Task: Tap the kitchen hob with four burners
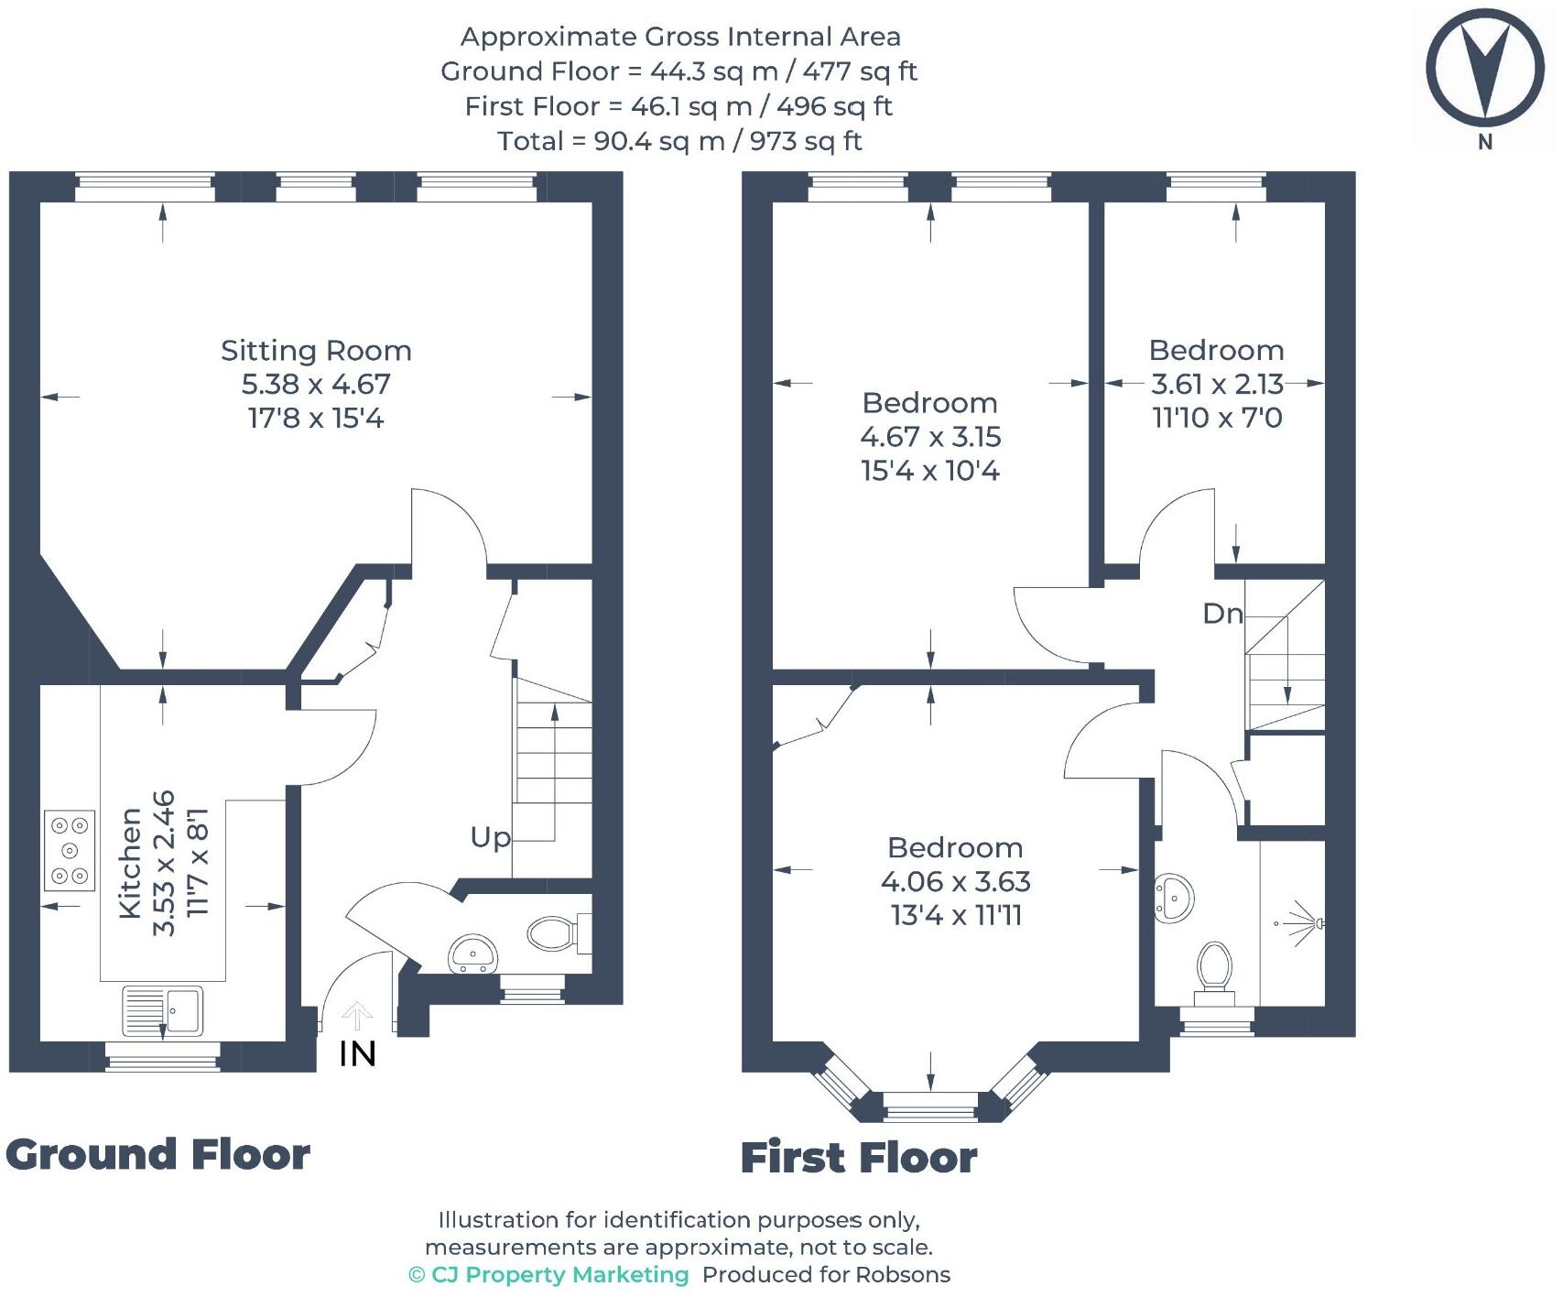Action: click(x=70, y=850)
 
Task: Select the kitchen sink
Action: click(x=162, y=1009)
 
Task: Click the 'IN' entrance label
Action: click(x=358, y=1053)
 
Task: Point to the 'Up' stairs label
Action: click(x=491, y=837)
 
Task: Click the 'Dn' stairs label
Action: click(x=1223, y=613)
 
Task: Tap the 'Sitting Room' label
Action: click(x=316, y=350)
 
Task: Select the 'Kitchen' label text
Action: click(x=130, y=863)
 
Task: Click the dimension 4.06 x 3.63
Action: click(x=956, y=881)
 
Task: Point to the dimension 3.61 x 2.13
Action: click(x=1217, y=383)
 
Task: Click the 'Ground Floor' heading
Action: click(x=158, y=1154)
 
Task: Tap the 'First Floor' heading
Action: click(x=859, y=1158)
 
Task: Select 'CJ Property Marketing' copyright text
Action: click(x=548, y=1274)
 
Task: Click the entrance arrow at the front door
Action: click(x=357, y=1017)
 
